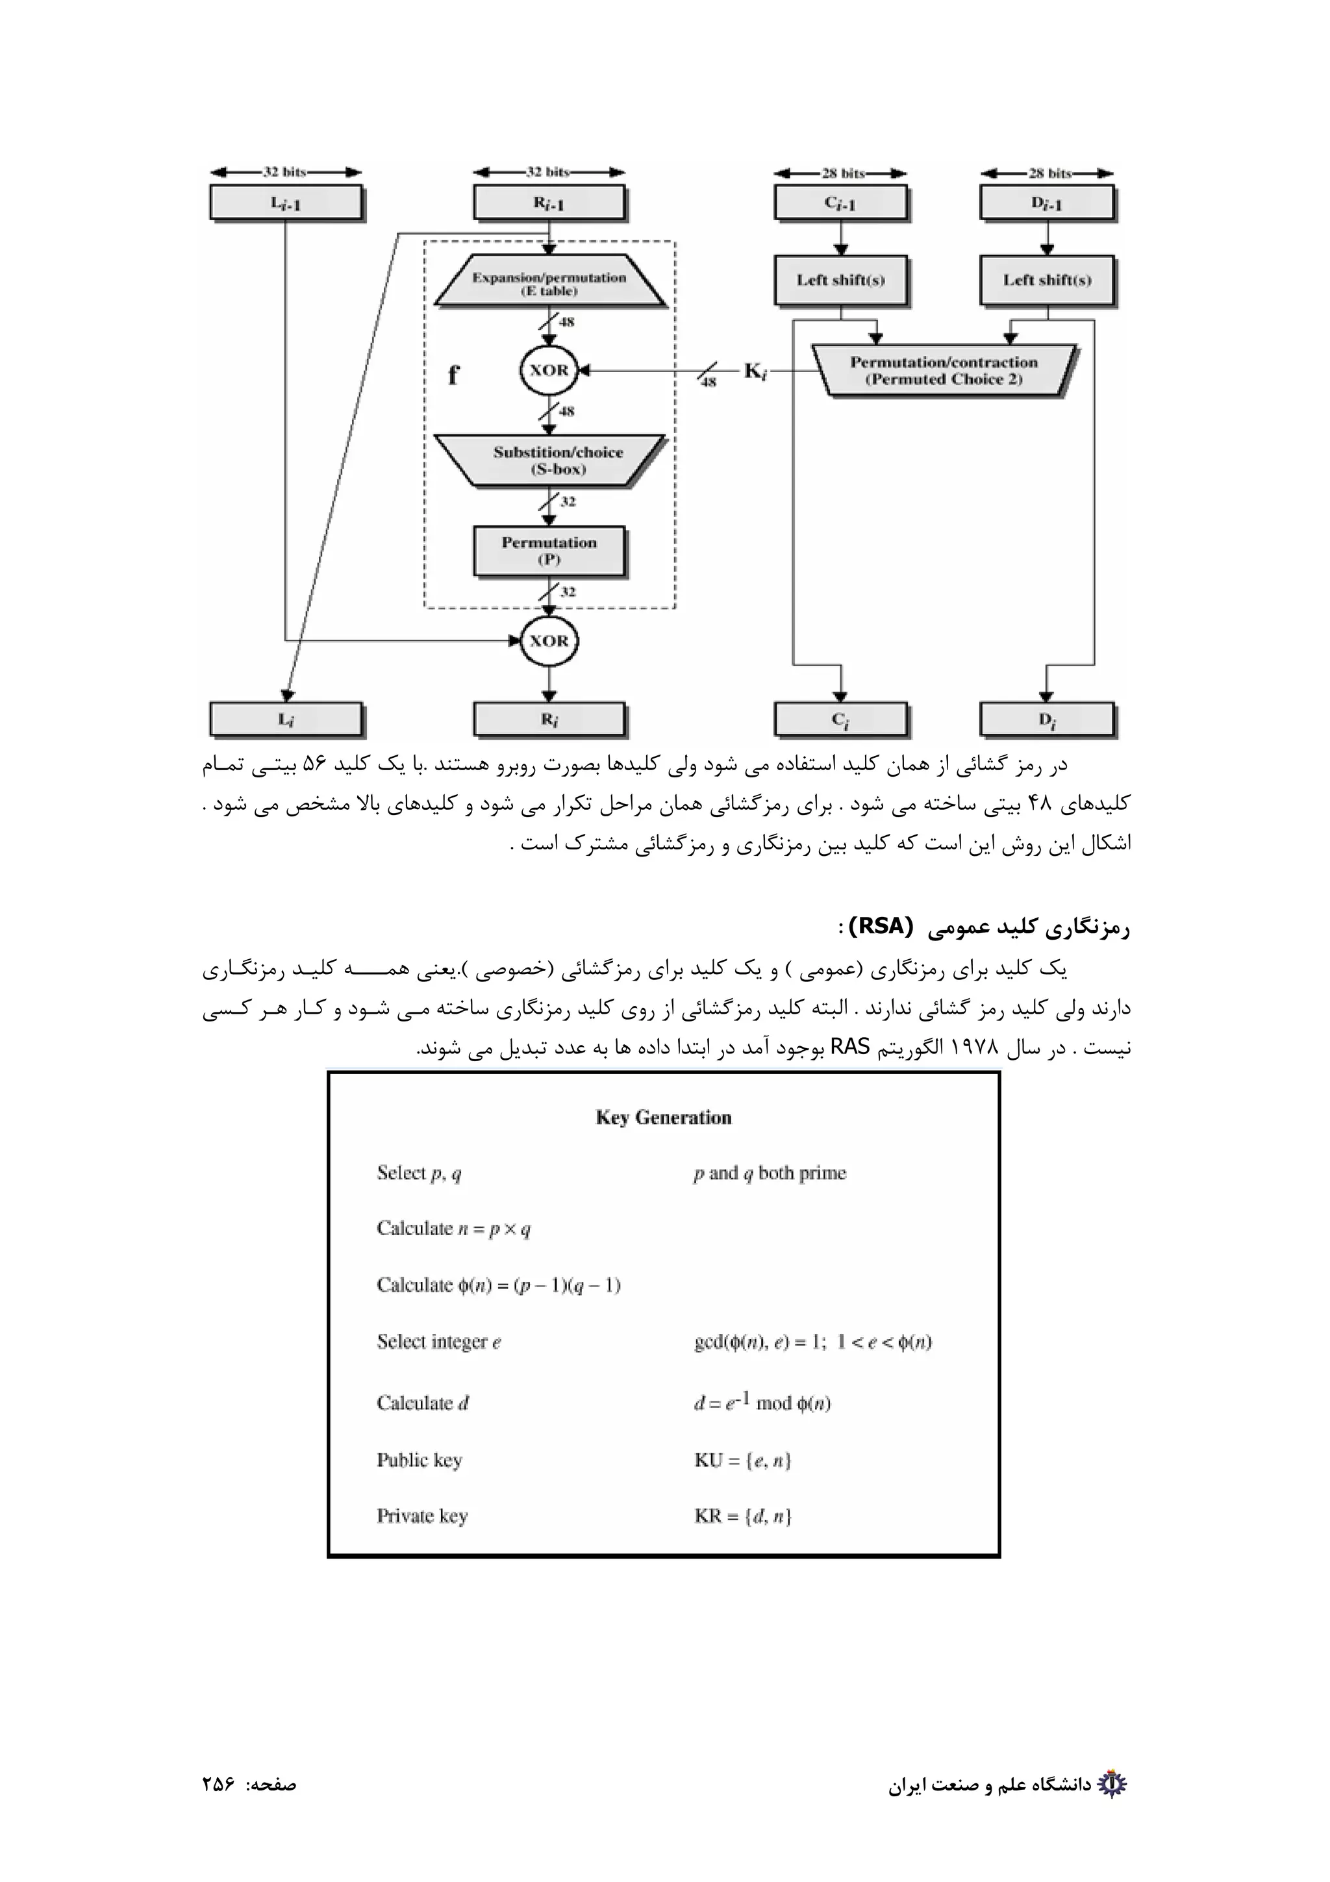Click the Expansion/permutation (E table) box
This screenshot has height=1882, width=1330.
point(549,282)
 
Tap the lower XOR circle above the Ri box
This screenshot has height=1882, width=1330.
point(548,640)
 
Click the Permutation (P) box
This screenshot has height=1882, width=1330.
point(549,550)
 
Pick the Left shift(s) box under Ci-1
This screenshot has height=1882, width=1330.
point(841,281)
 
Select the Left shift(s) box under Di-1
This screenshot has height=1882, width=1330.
point(1048,281)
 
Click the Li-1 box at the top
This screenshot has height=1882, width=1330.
point(285,203)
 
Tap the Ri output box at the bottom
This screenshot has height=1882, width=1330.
point(549,719)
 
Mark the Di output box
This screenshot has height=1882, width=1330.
point(1048,719)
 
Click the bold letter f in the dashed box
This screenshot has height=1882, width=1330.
point(453,375)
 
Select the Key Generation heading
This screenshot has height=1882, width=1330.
point(663,1117)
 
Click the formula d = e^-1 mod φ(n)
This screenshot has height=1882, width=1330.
point(762,1403)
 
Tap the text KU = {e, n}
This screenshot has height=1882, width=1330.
point(742,1460)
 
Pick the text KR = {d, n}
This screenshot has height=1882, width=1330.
point(742,1516)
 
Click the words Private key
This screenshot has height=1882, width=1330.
point(422,1516)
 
